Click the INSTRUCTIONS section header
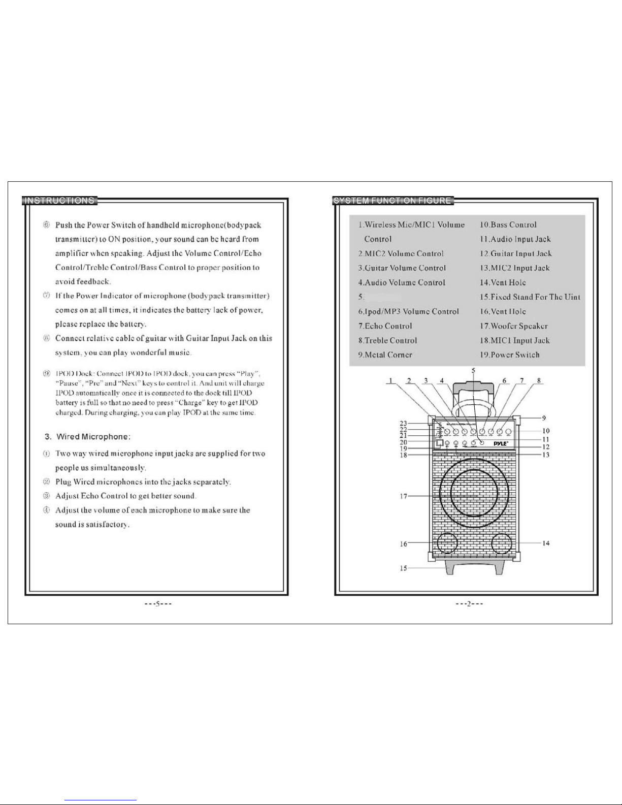point(59,201)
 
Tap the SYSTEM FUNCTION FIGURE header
point(392,201)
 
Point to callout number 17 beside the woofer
point(403,496)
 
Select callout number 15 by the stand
point(403,568)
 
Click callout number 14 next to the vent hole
point(546,543)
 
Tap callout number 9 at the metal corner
point(544,418)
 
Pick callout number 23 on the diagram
point(403,423)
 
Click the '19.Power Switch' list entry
point(509,355)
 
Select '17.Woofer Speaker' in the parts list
point(513,326)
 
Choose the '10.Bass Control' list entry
point(508,224)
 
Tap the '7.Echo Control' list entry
point(385,326)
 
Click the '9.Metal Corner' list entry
point(385,355)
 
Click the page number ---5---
point(157,604)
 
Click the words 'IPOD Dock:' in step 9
point(74,374)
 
